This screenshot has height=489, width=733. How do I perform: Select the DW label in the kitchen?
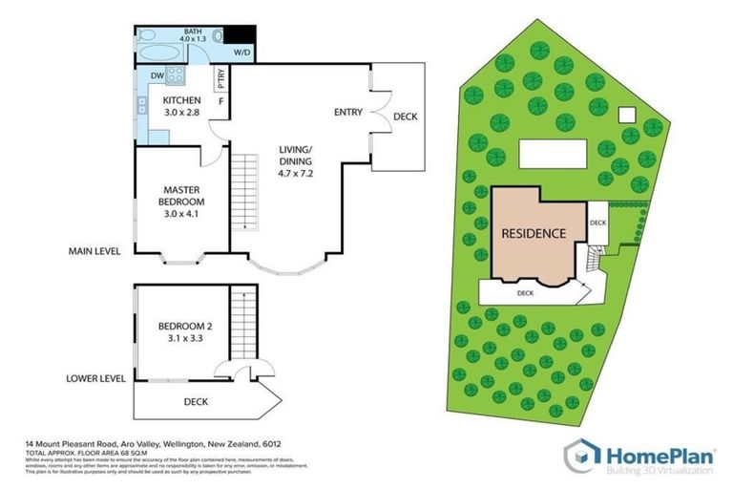pos(157,75)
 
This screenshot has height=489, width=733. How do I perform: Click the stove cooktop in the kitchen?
pos(178,75)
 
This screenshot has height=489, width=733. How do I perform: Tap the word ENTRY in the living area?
pos(347,113)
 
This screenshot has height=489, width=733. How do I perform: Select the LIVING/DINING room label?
pos(296,156)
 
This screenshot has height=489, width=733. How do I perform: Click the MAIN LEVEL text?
pos(94,252)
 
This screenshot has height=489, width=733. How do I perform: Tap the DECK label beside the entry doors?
pos(405,117)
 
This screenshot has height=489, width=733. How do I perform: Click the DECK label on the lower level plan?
pos(196,402)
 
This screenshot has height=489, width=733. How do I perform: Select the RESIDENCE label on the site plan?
pos(534,233)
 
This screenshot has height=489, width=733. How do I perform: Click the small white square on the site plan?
pos(627,115)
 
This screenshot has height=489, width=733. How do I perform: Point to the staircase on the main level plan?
pos(246,191)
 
